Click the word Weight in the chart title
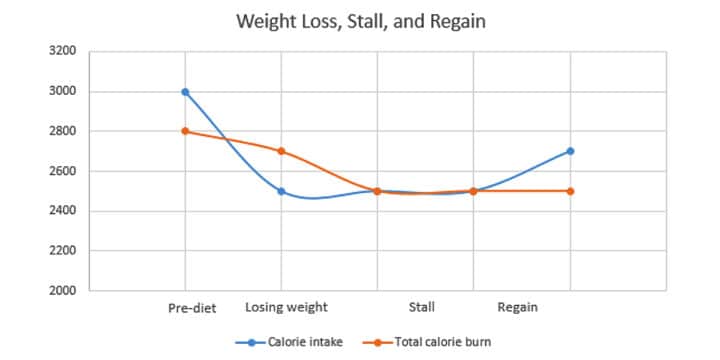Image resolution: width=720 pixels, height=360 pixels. tap(263, 20)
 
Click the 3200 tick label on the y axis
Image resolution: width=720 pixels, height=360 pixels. tap(62, 51)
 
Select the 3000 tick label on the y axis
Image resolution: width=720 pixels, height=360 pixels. tap(62, 91)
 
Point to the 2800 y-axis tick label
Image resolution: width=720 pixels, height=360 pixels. tap(62, 131)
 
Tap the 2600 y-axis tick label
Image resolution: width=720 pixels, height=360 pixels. tap(62, 171)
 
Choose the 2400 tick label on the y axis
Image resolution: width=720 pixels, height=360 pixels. tap(62, 211)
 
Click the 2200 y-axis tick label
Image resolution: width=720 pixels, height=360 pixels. tap(62, 251)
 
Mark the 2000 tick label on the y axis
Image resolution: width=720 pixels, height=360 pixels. tap(62, 291)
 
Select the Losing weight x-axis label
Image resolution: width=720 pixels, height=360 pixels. tap(286, 308)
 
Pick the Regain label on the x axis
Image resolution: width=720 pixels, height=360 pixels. tap(517, 308)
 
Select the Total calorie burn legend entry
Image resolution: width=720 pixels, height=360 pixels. tap(436, 342)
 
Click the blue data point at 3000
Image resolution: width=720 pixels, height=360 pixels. tap(185, 91)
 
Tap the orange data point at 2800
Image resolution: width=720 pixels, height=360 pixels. tap(185, 131)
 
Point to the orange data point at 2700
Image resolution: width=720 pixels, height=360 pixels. tap(281, 151)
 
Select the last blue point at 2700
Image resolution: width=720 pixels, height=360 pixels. tap(570, 151)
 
